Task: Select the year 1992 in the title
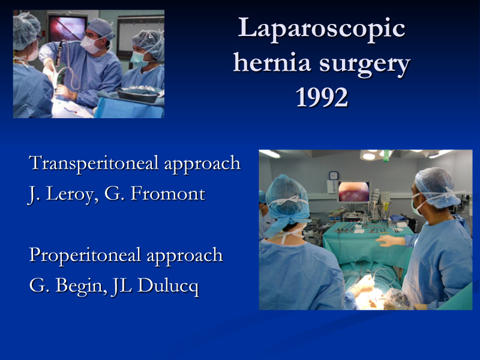click(x=322, y=97)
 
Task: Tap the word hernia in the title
click(x=272, y=62)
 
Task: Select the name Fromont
click(x=168, y=193)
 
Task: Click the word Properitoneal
click(x=85, y=256)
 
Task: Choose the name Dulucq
click(x=168, y=287)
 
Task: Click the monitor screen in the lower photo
click(x=353, y=191)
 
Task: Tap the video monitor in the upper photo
click(x=67, y=29)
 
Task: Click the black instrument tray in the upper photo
click(x=139, y=96)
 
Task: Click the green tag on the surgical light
click(x=387, y=155)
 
